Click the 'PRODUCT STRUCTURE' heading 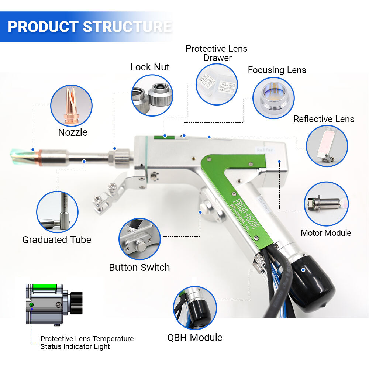point(90,27)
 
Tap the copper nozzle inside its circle point(71,105)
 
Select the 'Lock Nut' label point(149,67)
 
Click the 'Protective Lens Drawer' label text point(217,53)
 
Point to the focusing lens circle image point(273,97)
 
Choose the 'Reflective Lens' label point(324,119)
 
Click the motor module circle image point(326,204)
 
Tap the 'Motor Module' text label point(326,233)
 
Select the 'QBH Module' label point(195,337)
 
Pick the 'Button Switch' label point(139,268)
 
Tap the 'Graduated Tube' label point(56,240)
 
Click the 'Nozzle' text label point(73,132)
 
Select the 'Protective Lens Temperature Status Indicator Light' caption point(87,342)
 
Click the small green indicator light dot point(31,304)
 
